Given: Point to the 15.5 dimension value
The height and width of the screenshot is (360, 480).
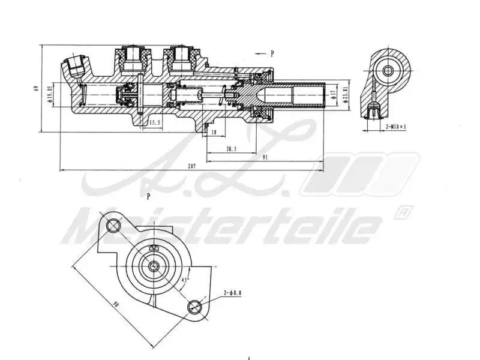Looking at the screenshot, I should (155, 122).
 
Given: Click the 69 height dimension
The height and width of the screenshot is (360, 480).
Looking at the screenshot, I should (37, 89).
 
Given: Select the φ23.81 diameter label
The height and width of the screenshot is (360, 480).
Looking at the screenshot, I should (347, 95).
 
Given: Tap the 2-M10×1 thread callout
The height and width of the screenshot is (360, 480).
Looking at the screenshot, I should (395, 127).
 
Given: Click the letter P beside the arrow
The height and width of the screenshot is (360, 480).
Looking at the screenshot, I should (272, 53).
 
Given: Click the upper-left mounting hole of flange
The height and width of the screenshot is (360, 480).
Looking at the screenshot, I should (113, 226).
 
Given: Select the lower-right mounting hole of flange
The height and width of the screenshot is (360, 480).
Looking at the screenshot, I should (194, 308).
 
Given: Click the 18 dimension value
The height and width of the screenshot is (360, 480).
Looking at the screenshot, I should (214, 133).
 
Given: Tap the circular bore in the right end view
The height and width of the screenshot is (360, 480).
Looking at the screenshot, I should (388, 71).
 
